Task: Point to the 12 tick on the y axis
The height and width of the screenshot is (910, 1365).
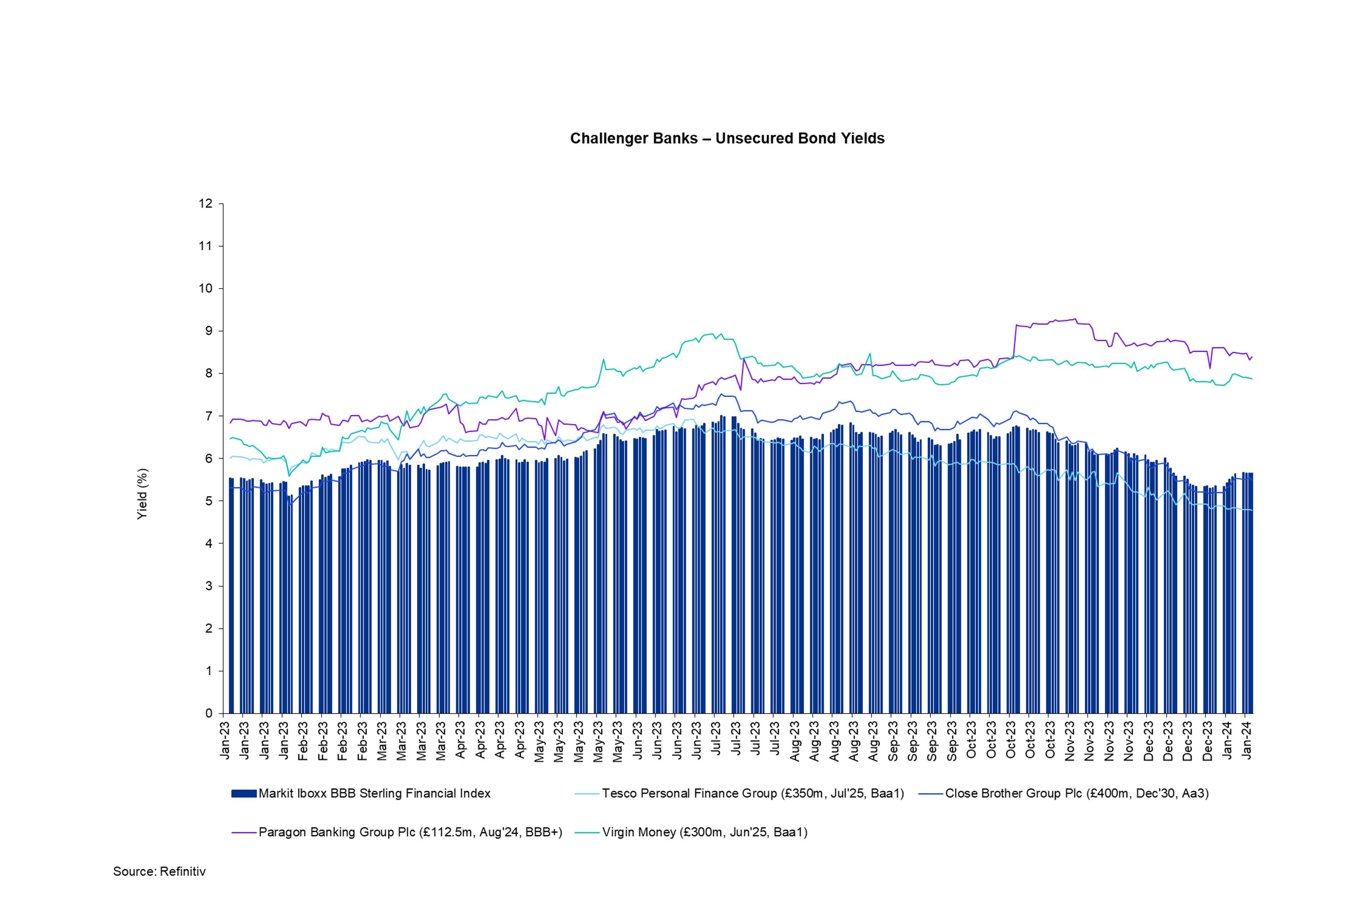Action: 205,204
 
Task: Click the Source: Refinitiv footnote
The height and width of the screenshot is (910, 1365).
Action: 159,872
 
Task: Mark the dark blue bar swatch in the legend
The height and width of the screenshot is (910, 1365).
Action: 244,793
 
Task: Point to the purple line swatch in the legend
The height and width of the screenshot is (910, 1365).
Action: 244,833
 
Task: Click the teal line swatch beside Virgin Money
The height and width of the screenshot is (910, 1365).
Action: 587,833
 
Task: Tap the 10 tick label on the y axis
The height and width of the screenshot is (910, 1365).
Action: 205,289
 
